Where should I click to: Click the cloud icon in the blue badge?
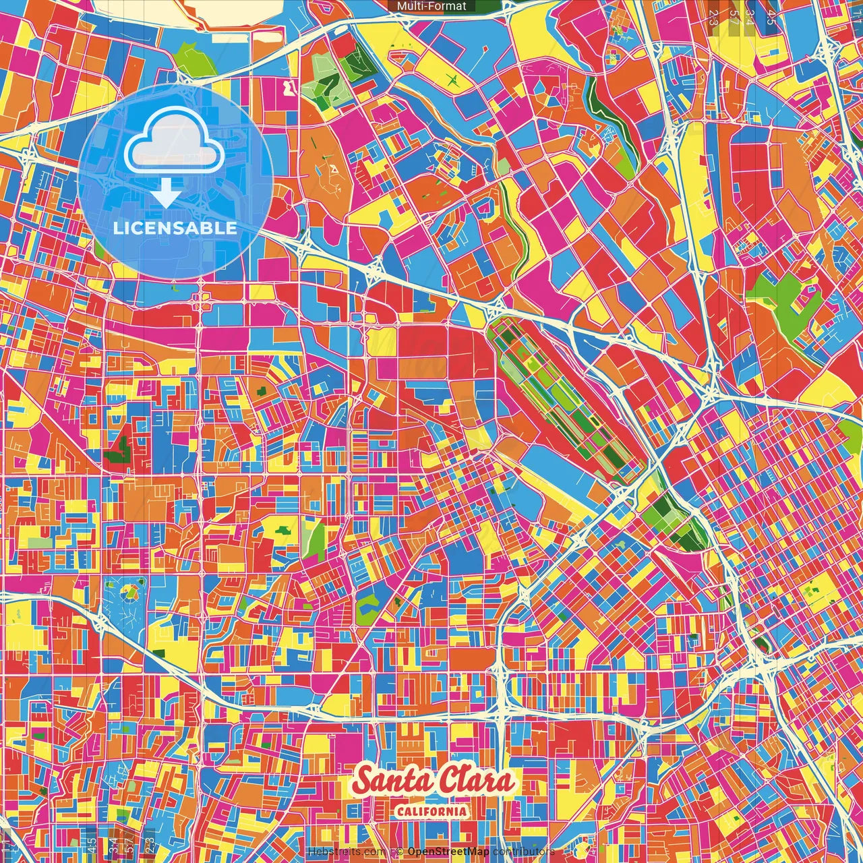pos(174,141)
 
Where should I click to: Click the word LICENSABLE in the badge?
pos(175,228)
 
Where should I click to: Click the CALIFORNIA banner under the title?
pos(431,811)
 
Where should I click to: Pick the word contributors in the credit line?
pos(523,852)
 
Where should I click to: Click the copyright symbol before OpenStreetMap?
pos(400,852)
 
